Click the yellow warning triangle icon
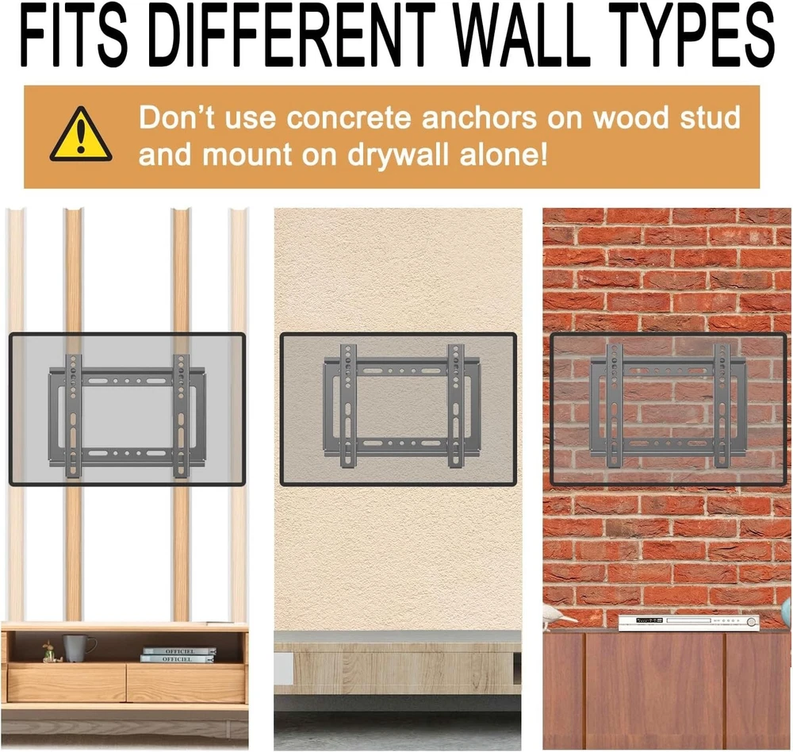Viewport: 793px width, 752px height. click(x=81, y=134)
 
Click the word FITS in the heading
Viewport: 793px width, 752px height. click(x=74, y=36)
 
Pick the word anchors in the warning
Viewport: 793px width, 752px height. click(x=479, y=118)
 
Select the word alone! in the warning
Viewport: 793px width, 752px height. click(x=504, y=155)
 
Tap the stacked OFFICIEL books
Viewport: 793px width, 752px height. click(x=178, y=655)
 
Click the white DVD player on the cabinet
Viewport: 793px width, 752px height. click(x=689, y=622)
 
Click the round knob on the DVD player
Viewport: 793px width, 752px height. click(x=752, y=621)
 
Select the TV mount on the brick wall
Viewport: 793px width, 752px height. click(x=668, y=405)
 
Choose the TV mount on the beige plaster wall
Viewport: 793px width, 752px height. click(x=401, y=406)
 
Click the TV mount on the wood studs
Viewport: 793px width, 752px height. click(x=127, y=416)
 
